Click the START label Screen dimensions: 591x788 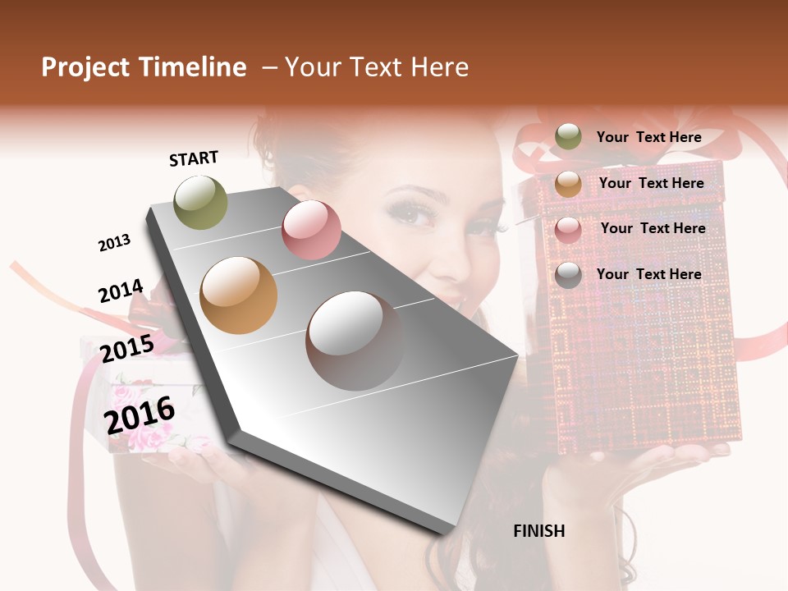[x=194, y=158]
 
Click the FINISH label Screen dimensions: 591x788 [x=538, y=531]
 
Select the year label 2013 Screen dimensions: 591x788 [x=114, y=243]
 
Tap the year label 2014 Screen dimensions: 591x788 [x=121, y=291]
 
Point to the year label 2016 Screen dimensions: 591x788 [x=140, y=415]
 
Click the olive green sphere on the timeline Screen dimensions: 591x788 [x=200, y=202]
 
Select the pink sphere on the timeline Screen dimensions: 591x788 [x=311, y=231]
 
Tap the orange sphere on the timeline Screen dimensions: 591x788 [x=238, y=295]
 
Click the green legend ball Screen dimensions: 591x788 [x=568, y=136]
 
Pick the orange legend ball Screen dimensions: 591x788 [x=568, y=184]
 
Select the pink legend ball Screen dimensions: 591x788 [x=568, y=230]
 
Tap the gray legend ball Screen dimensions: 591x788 [x=568, y=275]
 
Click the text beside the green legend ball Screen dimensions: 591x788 [x=648, y=137]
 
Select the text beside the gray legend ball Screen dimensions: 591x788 [x=648, y=274]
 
